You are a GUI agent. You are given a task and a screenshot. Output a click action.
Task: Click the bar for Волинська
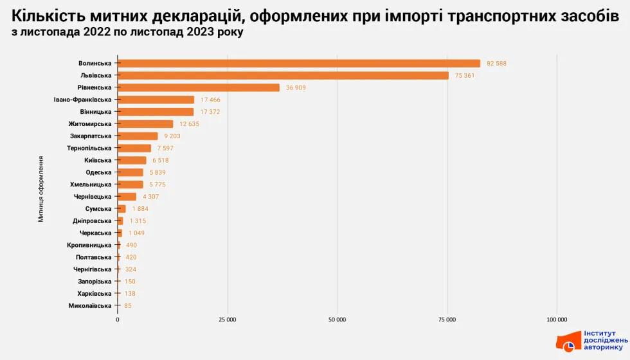pos(299,63)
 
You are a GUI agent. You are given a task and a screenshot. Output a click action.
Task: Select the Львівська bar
pos(283,75)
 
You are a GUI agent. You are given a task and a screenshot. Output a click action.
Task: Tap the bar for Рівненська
pos(199,87)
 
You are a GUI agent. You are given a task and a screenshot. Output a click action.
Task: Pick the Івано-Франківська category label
pos(82,100)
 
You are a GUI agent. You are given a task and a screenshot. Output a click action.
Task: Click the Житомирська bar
pos(145,124)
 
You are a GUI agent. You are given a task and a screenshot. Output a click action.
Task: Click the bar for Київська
pos(132,160)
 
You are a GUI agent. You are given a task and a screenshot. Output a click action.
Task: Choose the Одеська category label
pos(98,172)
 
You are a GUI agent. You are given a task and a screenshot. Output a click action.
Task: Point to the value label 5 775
pos(157,184)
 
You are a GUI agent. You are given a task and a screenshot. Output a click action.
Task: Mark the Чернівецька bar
pos(127,197)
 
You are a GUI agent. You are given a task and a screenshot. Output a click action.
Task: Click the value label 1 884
pos(141,209)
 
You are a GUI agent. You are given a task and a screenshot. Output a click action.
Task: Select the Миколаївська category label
pos(89,306)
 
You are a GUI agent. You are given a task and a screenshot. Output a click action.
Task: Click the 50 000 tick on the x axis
pos(337,319)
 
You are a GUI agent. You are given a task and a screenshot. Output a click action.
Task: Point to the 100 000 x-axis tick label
pos(557,319)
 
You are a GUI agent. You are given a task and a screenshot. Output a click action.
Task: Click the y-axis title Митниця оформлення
pos(40,188)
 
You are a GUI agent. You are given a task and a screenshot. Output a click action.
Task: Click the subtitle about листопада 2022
pos(127,32)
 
